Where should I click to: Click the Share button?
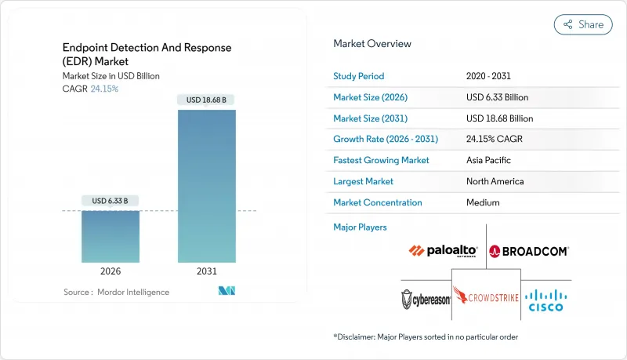coord(583,24)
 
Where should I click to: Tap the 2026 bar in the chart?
coord(111,235)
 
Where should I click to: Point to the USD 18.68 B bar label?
coord(207,100)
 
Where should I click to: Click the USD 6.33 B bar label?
coord(111,201)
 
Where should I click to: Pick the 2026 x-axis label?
coord(111,271)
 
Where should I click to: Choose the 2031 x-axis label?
coord(207,271)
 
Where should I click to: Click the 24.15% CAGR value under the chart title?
coord(104,89)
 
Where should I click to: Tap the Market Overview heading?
coord(372,44)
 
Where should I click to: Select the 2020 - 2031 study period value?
coord(490,76)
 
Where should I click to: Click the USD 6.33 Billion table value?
coord(497,97)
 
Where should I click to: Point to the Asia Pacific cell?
coord(488,160)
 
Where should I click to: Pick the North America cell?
coord(495,181)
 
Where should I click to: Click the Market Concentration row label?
coord(378,202)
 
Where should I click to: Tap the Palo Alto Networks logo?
coord(444,251)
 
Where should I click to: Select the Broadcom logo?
coord(528,251)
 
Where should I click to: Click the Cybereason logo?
coord(426,299)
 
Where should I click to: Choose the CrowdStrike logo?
coord(486,297)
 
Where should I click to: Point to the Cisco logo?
coord(546,298)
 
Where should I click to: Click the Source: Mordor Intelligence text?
coord(116,293)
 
